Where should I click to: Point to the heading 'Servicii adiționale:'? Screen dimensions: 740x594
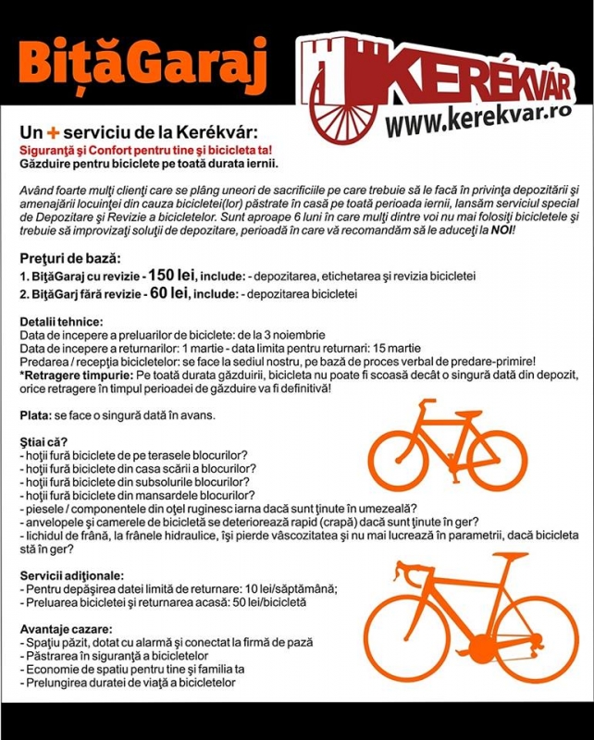point(70,574)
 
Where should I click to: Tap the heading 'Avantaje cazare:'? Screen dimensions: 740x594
point(64,628)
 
